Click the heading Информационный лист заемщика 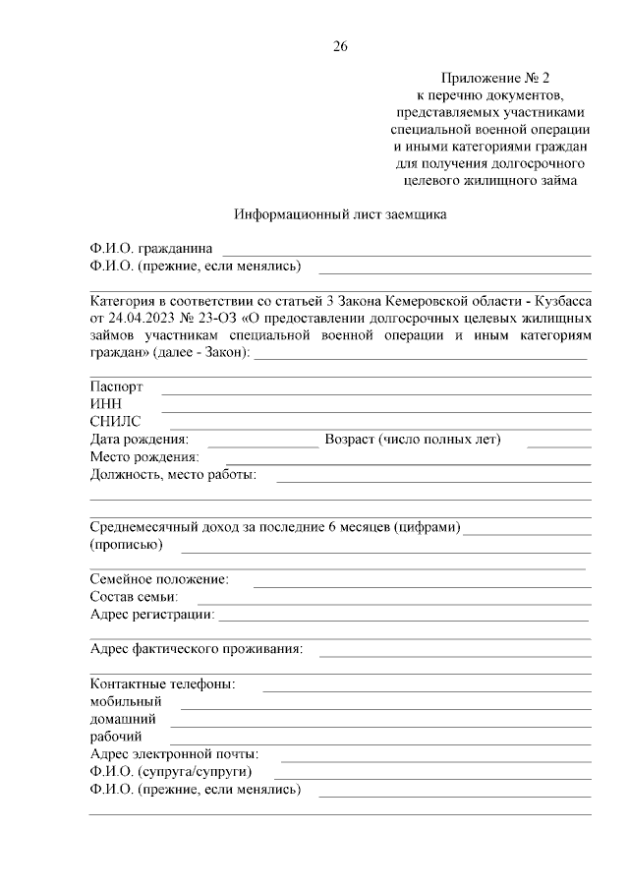pyautogui.click(x=340, y=215)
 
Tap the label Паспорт pyautogui.click(x=116, y=387)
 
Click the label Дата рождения pyautogui.click(x=140, y=440)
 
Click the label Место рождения pyautogui.click(x=144, y=457)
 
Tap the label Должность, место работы pyautogui.click(x=173, y=475)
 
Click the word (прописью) pyautogui.click(x=126, y=545)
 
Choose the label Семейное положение pyautogui.click(x=159, y=579)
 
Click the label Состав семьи pyautogui.click(x=134, y=597)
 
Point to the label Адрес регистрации pyautogui.click(x=152, y=615)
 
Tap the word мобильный pyautogui.click(x=125, y=701)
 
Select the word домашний pyautogui.click(x=123, y=719)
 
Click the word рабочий pyautogui.click(x=116, y=737)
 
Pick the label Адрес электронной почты pyautogui.click(x=174, y=754)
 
